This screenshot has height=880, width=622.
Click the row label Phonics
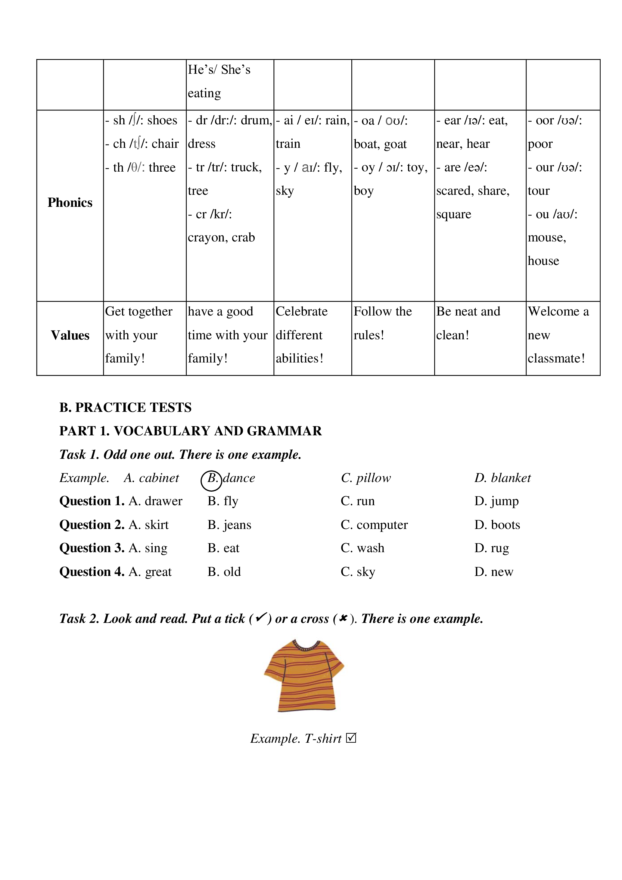[x=70, y=202]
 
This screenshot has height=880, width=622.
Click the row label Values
[x=70, y=335]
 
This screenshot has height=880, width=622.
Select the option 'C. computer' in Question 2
[x=374, y=525]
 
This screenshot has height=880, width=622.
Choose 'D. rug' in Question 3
[x=492, y=548]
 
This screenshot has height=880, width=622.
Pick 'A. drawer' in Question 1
[x=155, y=501]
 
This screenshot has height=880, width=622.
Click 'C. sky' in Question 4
[x=358, y=572]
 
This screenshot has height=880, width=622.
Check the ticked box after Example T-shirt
[x=351, y=738]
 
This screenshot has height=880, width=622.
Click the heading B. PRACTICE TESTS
[x=125, y=407]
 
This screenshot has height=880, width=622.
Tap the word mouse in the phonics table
[x=546, y=238]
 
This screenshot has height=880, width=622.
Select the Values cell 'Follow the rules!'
[x=383, y=323]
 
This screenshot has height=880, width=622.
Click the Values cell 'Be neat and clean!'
[x=468, y=323]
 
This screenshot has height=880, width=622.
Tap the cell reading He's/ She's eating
[x=219, y=81]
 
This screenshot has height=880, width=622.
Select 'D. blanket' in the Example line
[x=502, y=478]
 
